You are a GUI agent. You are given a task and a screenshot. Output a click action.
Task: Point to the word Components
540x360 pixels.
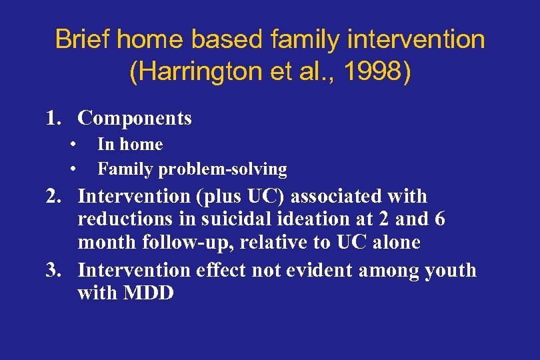coord(135,119)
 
